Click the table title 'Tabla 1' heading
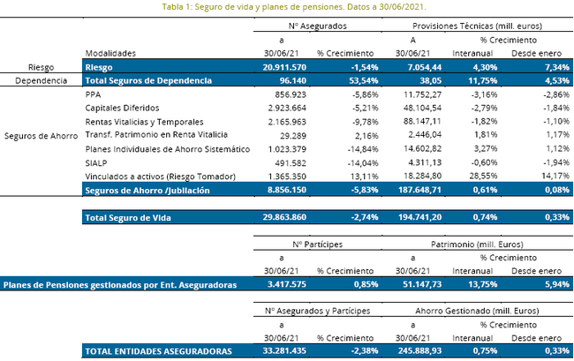[294, 7]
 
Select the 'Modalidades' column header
[110, 54]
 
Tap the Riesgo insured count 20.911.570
[284, 67]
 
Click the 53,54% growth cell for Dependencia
[364, 80]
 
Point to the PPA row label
[93, 94]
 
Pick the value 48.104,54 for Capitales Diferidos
[422, 108]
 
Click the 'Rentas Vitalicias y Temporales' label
[144, 122]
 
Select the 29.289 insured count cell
[293, 136]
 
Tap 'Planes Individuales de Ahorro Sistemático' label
[168, 149]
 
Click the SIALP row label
[96, 162]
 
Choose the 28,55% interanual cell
[483, 176]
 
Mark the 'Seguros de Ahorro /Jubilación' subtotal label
[147, 191]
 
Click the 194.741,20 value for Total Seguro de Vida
[419, 217]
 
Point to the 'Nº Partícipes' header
[317, 244]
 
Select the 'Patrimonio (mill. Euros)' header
[477, 244]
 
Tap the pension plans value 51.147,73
[422, 284]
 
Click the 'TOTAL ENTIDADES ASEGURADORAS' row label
[158, 351]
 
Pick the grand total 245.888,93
[419, 350]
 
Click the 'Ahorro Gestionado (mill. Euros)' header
[477, 311]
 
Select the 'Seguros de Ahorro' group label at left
[41, 136]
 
